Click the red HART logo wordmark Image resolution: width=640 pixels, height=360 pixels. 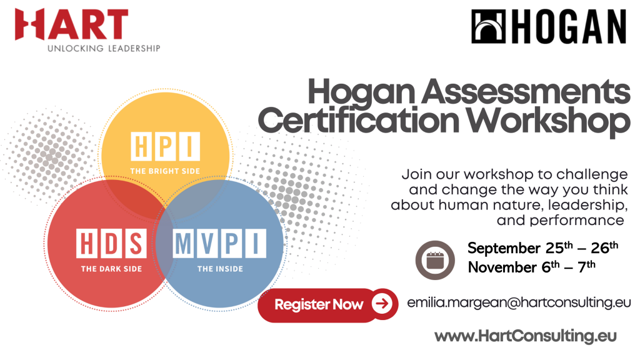pos(71,24)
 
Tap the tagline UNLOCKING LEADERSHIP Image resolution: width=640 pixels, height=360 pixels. pos(104,49)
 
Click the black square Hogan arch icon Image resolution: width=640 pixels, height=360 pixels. pos(489,26)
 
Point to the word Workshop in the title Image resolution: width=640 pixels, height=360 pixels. pos(548,121)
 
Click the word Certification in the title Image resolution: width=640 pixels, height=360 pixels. pos(359,121)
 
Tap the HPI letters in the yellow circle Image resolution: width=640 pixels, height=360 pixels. pos(165,146)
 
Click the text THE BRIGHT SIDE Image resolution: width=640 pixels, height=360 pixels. pos(165,171)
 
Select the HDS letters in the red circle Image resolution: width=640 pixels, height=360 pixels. pos(111,244)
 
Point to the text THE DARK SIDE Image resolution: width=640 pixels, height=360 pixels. pos(111,269)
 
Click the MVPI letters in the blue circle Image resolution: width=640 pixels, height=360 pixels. pos(219,244)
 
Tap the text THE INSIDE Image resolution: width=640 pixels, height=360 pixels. pos(220,269)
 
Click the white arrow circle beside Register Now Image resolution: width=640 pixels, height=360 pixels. pos(382,304)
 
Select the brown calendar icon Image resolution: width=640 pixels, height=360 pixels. pos(435,260)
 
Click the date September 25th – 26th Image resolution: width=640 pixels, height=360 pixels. pos(543,247)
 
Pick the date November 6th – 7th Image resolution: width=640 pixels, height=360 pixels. pos(531,267)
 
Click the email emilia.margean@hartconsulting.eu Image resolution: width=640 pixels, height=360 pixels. pos(519,302)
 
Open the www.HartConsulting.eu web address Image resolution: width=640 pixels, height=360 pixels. pos(525,336)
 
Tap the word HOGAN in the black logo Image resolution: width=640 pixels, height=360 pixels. pos(569,26)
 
